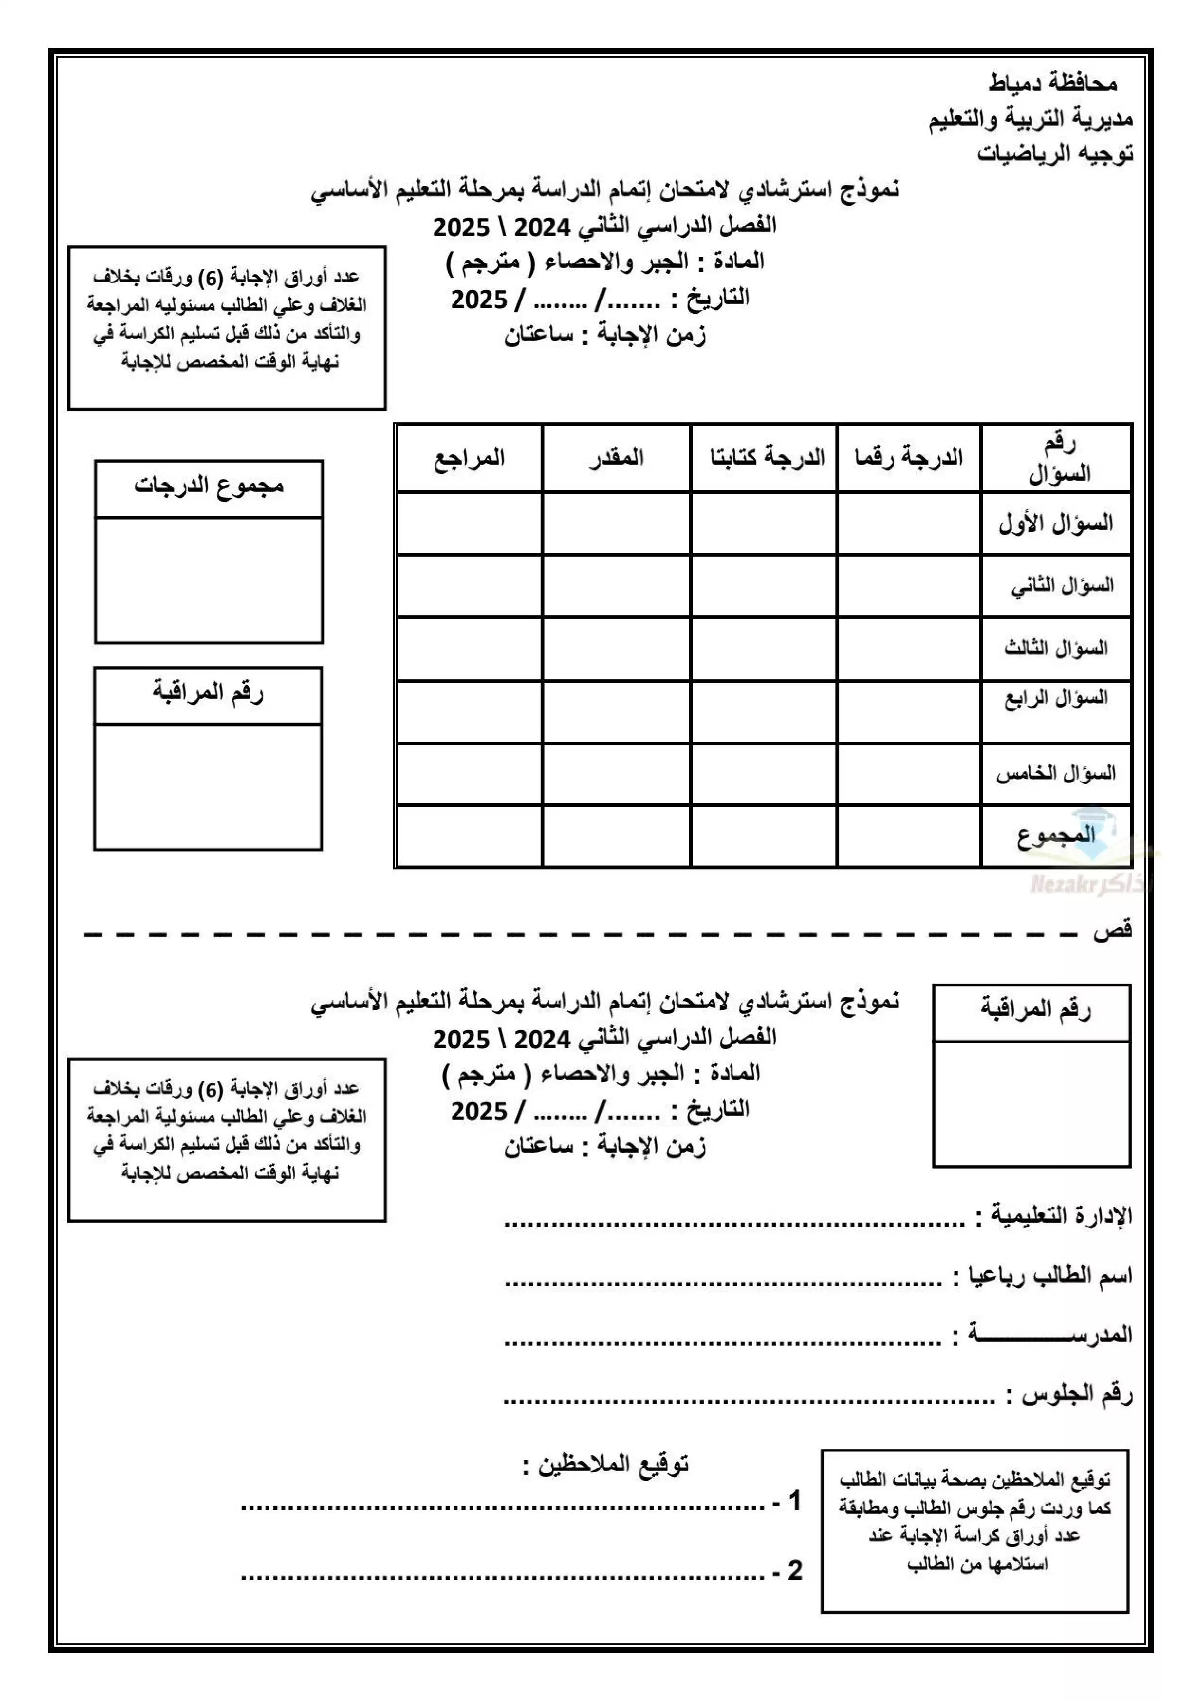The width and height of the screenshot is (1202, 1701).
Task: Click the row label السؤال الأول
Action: [1056, 524]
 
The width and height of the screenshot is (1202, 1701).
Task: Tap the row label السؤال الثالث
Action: [1056, 648]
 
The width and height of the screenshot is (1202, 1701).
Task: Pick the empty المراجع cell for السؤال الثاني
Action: [469, 586]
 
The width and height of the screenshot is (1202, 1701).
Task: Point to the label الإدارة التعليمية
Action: [1061, 1216]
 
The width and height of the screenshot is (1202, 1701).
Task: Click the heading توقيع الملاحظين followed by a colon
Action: [606, 1465]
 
